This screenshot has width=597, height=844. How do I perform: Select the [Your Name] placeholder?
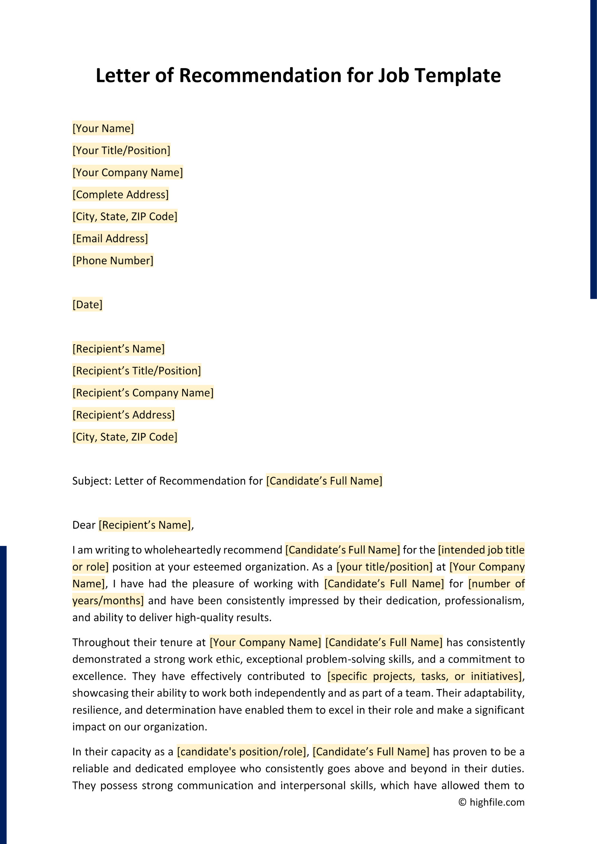(103, 128)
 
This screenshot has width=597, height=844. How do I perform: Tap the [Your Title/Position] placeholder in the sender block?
(121, 150)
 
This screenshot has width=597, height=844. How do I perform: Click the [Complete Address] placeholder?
(121, 194)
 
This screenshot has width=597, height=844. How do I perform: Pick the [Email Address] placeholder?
(110, 238)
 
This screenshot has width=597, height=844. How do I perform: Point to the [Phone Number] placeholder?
(113, 260)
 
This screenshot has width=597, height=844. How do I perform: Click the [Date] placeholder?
(88, 304)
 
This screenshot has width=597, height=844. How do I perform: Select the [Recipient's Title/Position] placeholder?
(137, 370)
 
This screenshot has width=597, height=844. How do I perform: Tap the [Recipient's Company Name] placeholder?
(143, 393)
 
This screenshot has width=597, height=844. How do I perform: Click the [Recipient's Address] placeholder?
(123, 415)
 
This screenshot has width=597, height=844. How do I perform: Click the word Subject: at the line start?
(92, 481)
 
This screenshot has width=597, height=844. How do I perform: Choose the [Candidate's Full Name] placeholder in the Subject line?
(324, 481)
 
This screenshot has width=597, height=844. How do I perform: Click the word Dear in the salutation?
(84, 525)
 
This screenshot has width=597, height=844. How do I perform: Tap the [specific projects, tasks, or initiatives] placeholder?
(424, 676)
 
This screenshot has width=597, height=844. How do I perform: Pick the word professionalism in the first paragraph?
(484, 600)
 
